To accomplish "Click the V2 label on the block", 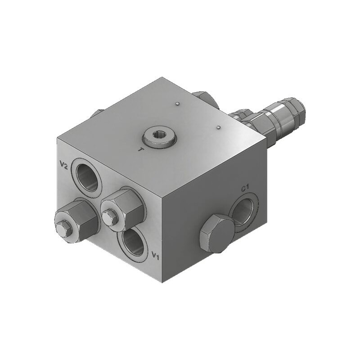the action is [x=63, y=165].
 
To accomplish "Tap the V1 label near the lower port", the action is [x=155, y=256].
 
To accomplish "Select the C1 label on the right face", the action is [x=245, y=189].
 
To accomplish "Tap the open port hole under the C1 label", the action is [x=243, y=211].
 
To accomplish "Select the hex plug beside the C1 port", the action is [x=216, y=234].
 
